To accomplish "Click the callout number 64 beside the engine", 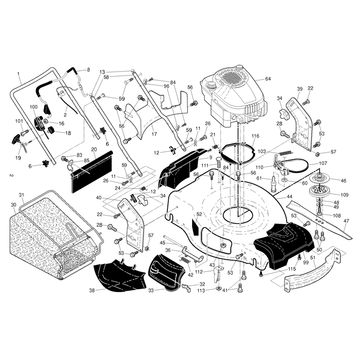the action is click(x=268, y=79).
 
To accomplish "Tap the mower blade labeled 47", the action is click(x=319, y=220).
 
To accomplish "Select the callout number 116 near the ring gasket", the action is click(x=255, y=136).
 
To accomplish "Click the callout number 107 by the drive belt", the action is click(x=323, y=163).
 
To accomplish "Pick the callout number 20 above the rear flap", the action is click(x=94, y=149).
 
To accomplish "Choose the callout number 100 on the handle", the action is click(x=33, y=107).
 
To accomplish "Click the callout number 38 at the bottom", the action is click(x=92, y=290).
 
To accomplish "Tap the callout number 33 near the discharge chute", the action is click(x=151, y=290).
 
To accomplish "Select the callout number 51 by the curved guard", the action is click(x=313, y=257).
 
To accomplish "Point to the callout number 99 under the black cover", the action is click(x=306, y=262).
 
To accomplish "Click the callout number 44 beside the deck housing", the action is click(x=289, y=197).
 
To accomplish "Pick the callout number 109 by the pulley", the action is click(x=344, y=195).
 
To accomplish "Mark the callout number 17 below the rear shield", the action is click(x=154, y=134).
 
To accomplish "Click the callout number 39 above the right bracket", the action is click(x=300, y=89).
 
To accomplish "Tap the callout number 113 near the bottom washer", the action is click(x=201, y=291).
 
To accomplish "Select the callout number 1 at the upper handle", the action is click(x=18, y=74).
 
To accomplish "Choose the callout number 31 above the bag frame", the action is click(x=21, y=195).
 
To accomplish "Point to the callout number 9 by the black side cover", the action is click(x=211, y=157).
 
